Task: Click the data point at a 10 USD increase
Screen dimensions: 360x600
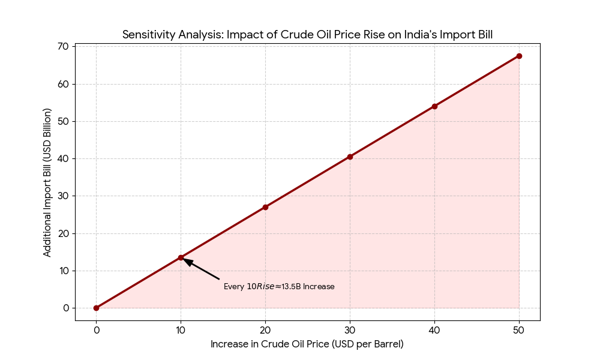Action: point(181,257)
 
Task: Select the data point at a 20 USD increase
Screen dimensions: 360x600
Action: point(265,207)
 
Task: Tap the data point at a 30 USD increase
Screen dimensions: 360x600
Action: point(350,157)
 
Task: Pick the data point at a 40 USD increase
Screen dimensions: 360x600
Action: point(434,106)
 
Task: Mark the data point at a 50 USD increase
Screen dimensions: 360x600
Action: point(519,56)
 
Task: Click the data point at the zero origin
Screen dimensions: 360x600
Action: point(96,308)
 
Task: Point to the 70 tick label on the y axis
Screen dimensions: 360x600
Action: point(63,46)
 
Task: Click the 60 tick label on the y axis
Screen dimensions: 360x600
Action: point(63,84)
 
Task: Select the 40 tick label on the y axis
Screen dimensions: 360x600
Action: point(63,158)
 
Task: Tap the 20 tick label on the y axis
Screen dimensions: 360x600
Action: point(63,233)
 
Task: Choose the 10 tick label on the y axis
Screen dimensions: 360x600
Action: point(63,271)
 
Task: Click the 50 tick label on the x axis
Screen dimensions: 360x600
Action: point(519,329)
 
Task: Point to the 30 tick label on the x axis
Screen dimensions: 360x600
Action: point(350,329)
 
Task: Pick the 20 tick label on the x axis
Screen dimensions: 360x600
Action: point(265,329)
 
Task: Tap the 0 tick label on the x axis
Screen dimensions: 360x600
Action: point(96,329)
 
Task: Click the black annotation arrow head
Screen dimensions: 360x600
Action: point(187,261)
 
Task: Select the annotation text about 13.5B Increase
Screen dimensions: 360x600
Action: point(279,287)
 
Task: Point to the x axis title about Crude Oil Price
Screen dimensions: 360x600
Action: point(307,344)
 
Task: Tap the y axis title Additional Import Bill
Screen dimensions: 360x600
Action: point(47,182)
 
